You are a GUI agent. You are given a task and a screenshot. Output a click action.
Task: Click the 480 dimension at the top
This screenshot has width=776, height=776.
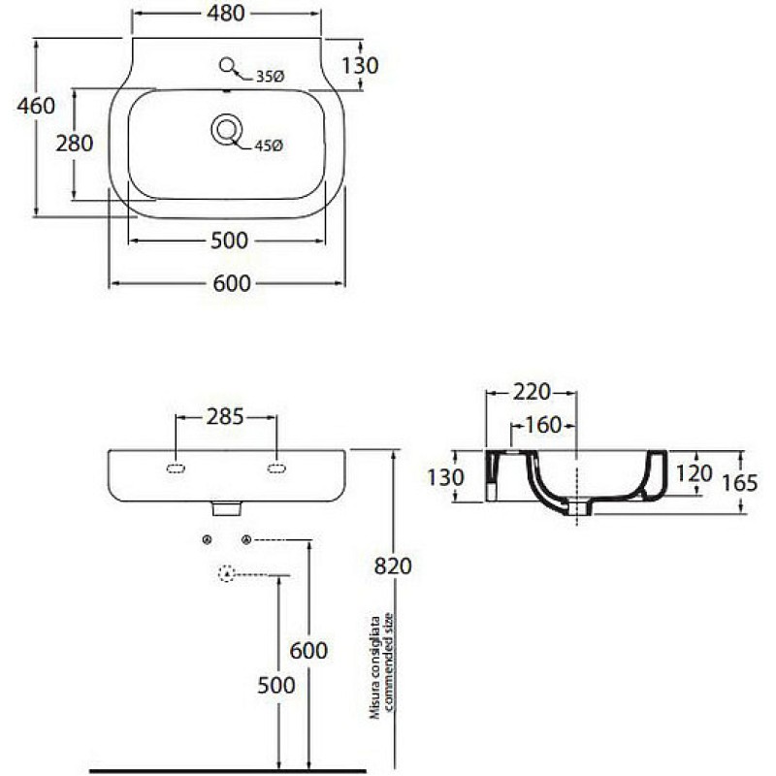point(226,14)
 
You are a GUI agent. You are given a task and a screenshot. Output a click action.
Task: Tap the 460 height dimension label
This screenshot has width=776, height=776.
point(36,106)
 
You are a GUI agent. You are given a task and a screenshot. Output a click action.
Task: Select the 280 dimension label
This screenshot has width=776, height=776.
point(75,144)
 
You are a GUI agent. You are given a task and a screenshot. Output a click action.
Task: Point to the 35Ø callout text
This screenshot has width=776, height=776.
point(271,77)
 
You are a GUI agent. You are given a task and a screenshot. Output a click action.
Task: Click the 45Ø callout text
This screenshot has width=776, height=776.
point(269,145)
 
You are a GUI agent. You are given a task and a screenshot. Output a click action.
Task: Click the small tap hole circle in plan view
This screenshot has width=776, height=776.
point(227,65)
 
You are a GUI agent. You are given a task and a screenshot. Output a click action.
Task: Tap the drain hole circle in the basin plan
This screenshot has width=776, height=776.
point(227,130)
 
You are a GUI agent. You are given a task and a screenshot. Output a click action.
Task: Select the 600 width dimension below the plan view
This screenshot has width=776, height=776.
point(232,283)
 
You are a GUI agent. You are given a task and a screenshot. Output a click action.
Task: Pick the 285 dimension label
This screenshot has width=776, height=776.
point(225,417)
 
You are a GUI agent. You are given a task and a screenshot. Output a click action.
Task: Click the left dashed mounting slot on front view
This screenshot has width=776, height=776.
point(177,469)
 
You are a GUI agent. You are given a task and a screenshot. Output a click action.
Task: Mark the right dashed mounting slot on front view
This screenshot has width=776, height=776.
point(276,469)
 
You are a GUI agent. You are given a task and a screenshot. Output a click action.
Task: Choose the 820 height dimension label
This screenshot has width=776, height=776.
point(393,566)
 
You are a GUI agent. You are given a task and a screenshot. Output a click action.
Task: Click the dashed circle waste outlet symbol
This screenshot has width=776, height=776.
point(226,573)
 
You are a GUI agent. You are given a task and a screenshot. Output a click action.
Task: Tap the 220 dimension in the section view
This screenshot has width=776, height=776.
point(532,392)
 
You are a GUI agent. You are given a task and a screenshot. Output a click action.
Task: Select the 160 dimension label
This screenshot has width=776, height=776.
point(543,425)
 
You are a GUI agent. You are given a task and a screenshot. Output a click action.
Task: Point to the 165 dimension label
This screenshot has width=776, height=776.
point(740,483)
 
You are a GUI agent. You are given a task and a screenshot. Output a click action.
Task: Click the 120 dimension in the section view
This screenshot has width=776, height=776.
point(694,474)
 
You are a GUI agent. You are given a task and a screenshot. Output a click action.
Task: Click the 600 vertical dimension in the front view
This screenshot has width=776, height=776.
point(308,650)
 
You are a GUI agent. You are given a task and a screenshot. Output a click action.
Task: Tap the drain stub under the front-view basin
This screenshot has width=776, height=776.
point(227,508)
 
